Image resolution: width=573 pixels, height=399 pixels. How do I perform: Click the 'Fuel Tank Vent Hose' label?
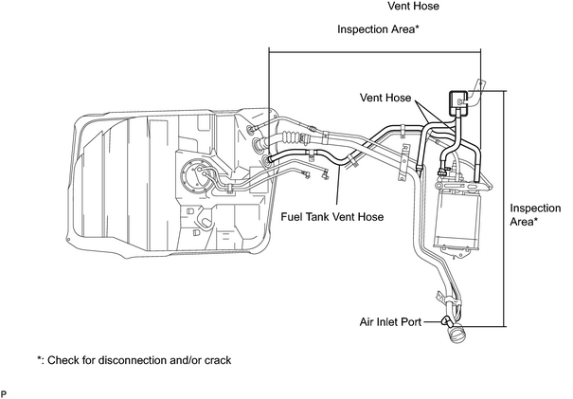click(331, 217)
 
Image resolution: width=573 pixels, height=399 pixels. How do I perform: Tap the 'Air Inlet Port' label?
click(390, 322)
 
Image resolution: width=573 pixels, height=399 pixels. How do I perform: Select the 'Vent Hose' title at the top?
click(413, 6)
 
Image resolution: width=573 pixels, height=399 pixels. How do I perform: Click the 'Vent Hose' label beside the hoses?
click(385, 98)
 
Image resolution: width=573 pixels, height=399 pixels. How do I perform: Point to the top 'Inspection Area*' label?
click(378, 29)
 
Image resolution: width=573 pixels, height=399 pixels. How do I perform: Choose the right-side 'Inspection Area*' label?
click(535, 215)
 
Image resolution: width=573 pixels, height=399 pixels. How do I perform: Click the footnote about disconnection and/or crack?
click(134, 360)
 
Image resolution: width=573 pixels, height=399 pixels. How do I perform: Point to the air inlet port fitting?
click(447, 321)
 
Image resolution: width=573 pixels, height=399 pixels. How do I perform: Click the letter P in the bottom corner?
click(3, 394)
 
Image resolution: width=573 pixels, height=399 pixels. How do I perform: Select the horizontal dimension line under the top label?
click(375, 52)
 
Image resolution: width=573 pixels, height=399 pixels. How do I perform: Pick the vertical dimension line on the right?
click(505, 209)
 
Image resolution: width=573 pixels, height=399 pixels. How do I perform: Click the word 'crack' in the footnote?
click(218, 360)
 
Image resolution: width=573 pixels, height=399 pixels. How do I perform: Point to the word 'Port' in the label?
click(411, 322)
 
